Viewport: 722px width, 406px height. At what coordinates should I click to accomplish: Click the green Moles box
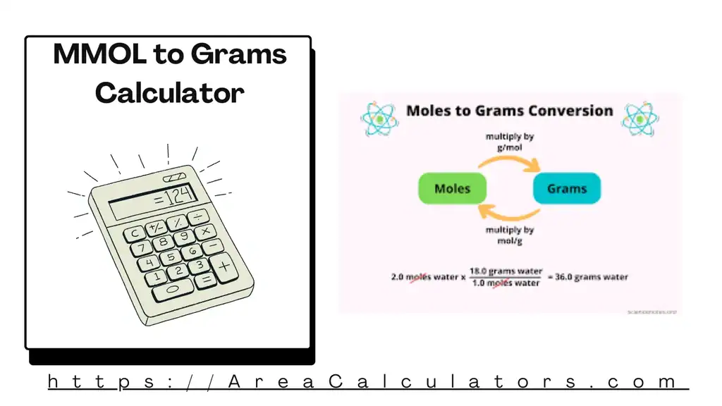point(453,188)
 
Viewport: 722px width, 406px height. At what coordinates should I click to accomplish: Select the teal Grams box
point(566,188)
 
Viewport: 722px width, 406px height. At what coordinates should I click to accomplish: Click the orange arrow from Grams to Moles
point(509,214)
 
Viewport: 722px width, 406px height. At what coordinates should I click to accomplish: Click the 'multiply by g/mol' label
point(509,142)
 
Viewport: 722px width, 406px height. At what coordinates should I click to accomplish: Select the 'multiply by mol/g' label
point(509,235)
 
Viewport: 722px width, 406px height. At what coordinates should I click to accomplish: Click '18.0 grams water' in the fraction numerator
point(506,271)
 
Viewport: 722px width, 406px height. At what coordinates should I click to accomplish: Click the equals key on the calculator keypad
point(205,280)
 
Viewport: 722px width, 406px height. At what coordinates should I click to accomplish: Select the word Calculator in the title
point(169,92)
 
